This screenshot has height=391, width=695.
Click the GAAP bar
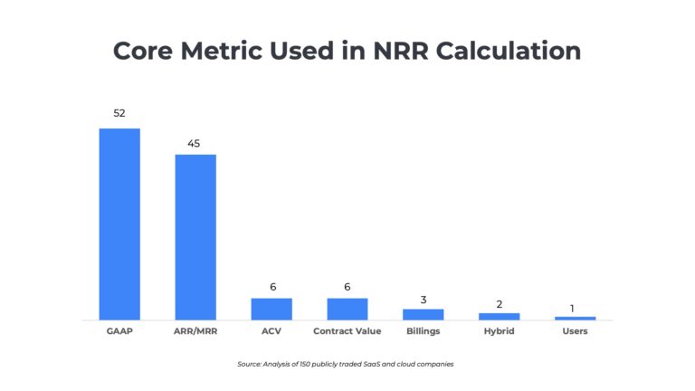click(119, 224)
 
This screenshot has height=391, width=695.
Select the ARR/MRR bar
click(195, 236)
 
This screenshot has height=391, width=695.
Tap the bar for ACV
click(271, 309)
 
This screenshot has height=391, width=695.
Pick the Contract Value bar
click(347, 309)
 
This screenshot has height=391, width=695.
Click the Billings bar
click(424, 314)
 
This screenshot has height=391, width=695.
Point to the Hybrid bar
click(500, 316)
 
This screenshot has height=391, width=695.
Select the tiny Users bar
click(576, 318)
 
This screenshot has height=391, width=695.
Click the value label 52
click(119, 114)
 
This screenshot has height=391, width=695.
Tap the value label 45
click(195, 142)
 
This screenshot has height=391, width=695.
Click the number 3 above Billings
click(424, 298)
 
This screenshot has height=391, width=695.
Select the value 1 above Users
click(573, 309)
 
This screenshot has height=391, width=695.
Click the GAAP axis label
click(119, 331)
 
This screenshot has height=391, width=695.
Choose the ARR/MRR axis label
click(195, 331)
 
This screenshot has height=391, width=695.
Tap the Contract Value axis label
click(347, 331)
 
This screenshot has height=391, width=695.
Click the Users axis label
click(576, 331)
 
